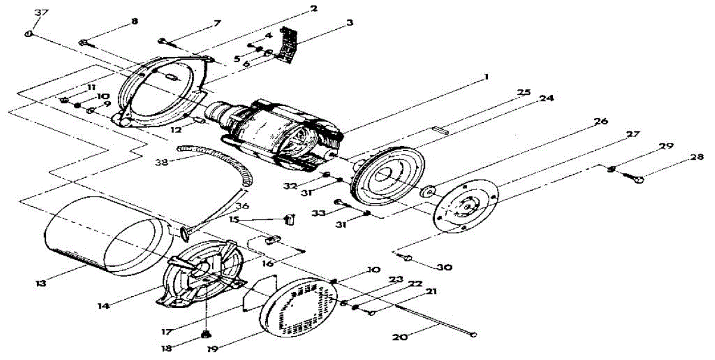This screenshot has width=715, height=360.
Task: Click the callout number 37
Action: [41, 13]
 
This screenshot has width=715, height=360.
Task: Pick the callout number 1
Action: [486, 77]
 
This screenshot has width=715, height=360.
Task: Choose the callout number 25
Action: [524, 92]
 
